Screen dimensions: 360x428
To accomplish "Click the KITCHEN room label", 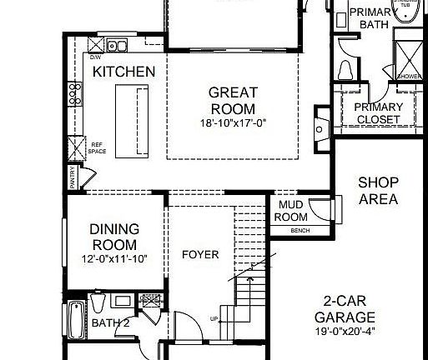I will coord(123,72).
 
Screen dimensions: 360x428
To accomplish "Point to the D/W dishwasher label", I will coord(97,58).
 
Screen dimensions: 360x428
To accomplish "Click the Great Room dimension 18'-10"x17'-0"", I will coord(232,123).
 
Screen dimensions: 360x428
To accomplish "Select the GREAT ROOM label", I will coord(232,100).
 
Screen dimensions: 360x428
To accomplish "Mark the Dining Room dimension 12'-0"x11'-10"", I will coord(113,258).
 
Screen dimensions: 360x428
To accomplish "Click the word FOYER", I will coord(200,254).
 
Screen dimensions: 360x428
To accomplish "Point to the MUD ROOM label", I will coord(291,211).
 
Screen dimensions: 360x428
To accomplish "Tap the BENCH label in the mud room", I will coord(300,230).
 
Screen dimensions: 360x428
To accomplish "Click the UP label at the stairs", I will coord(214,319).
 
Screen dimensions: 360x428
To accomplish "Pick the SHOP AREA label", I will coord(378,191).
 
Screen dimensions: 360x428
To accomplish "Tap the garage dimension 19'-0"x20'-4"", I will coord(345,332).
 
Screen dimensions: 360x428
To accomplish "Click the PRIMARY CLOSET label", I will coord(378,113).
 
